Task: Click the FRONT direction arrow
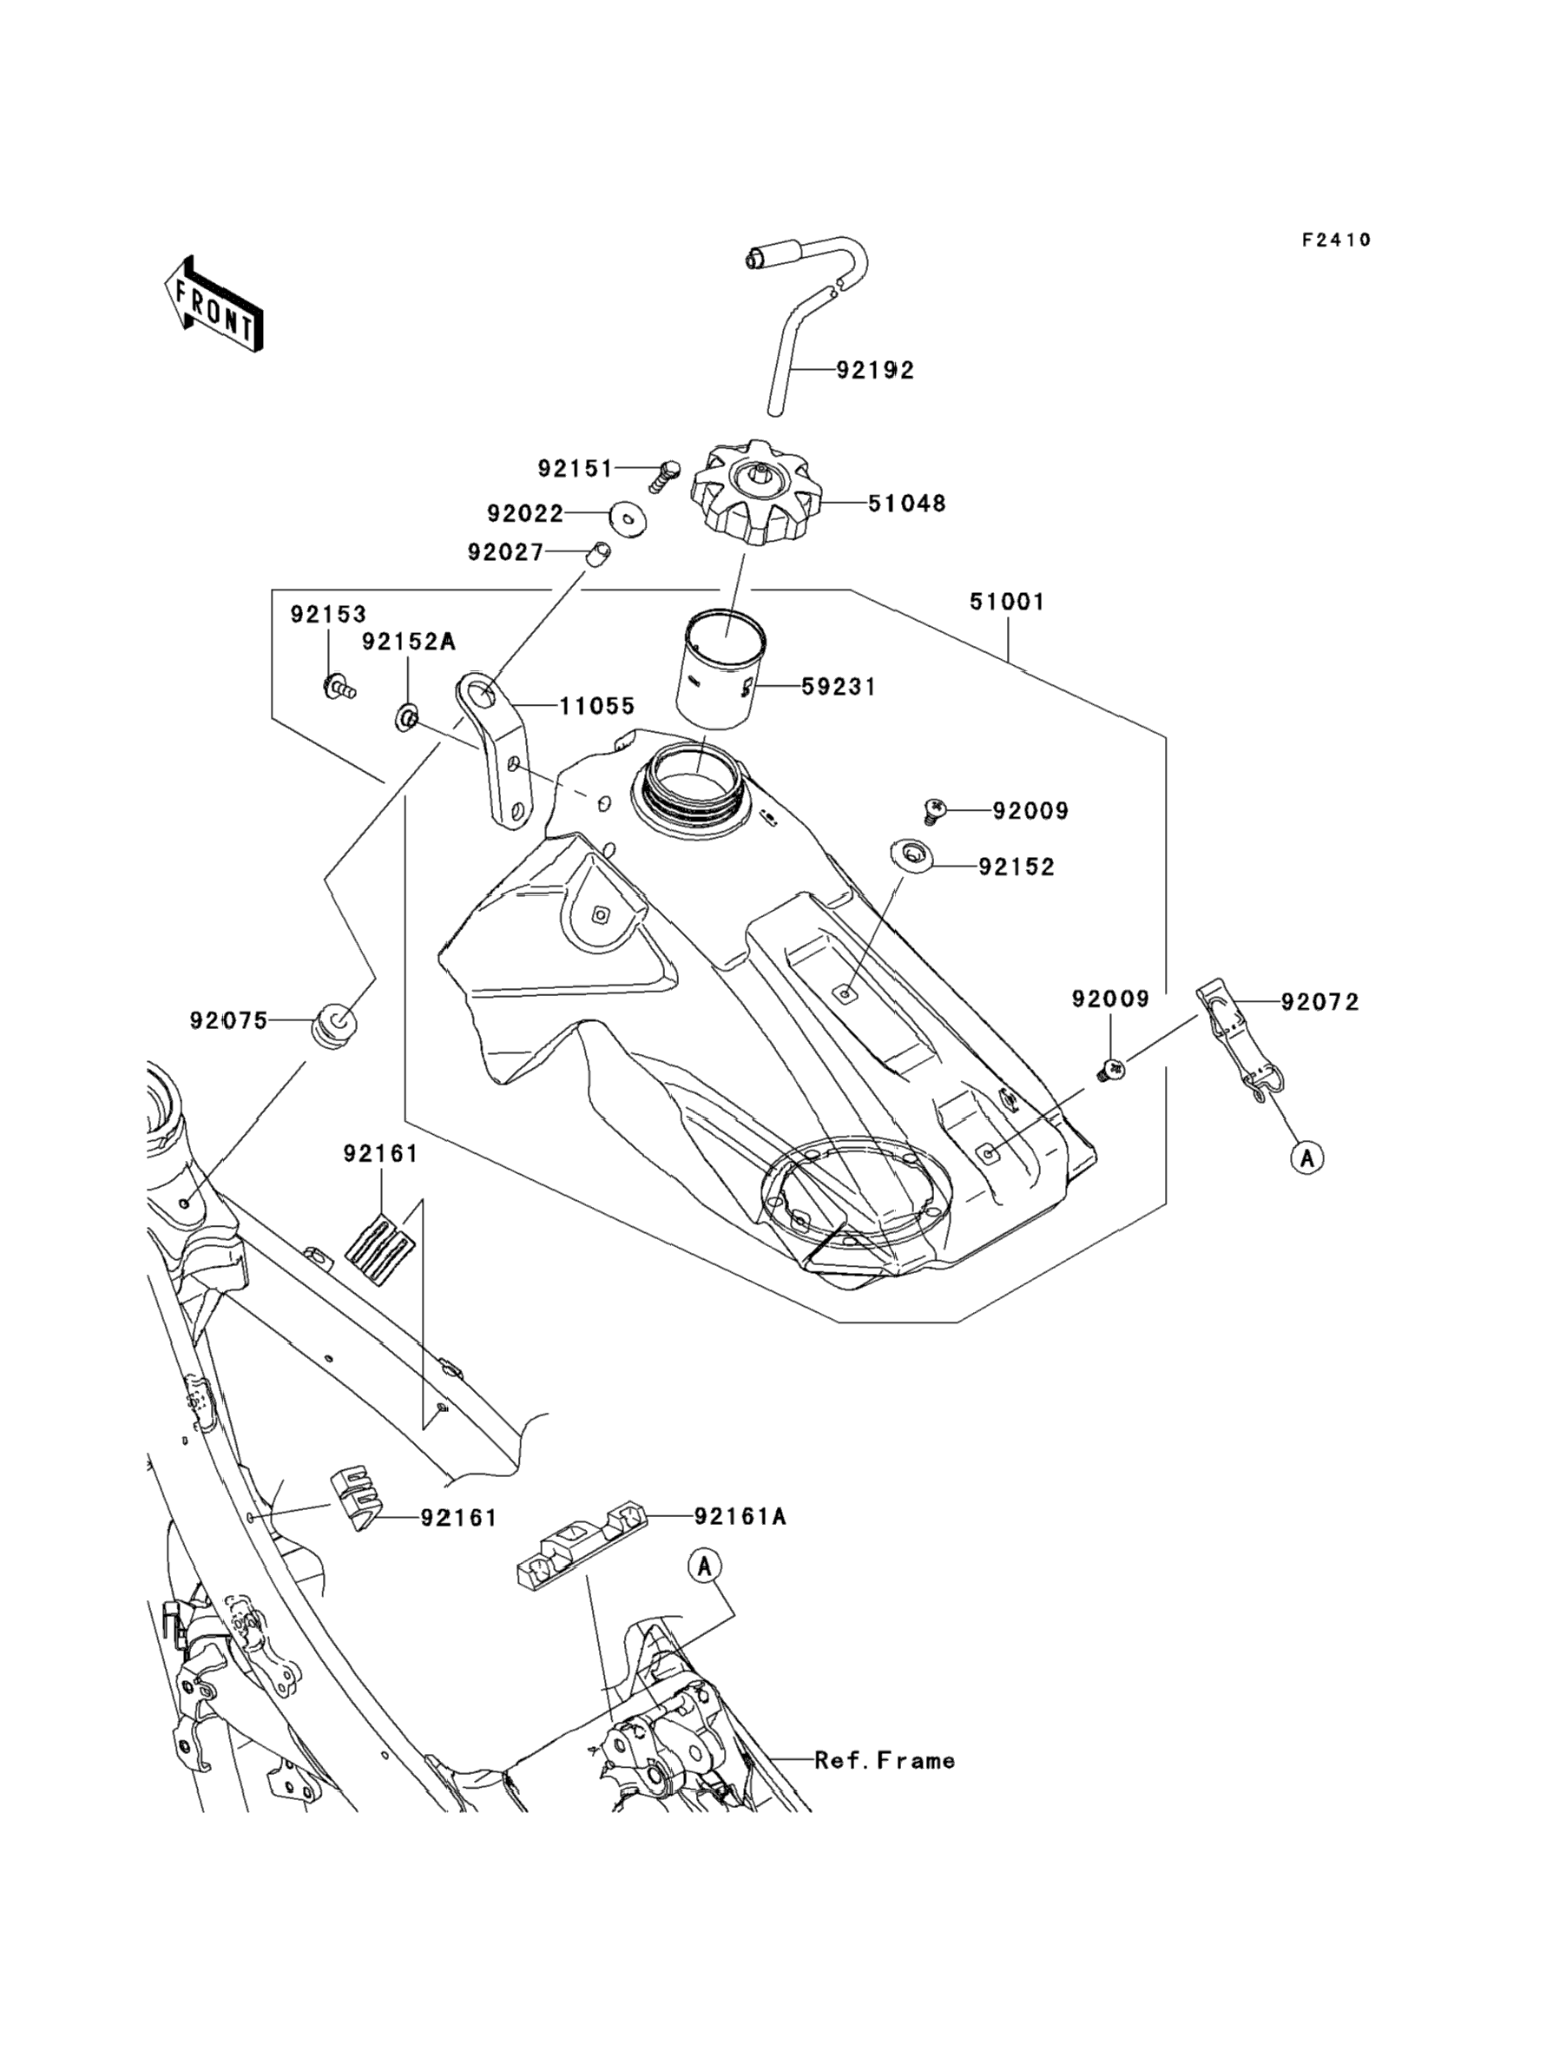point(214,305)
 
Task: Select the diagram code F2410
point(1336,241)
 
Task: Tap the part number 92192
point(874,370)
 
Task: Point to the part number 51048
point(906,504)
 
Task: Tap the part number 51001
point(1007,603)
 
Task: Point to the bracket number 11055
point(596,706)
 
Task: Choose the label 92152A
point(408,642)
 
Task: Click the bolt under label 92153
point(338,688)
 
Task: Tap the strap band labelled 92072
point(1236,1035)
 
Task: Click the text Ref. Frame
point(885,1760)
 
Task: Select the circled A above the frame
point(706,1566)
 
